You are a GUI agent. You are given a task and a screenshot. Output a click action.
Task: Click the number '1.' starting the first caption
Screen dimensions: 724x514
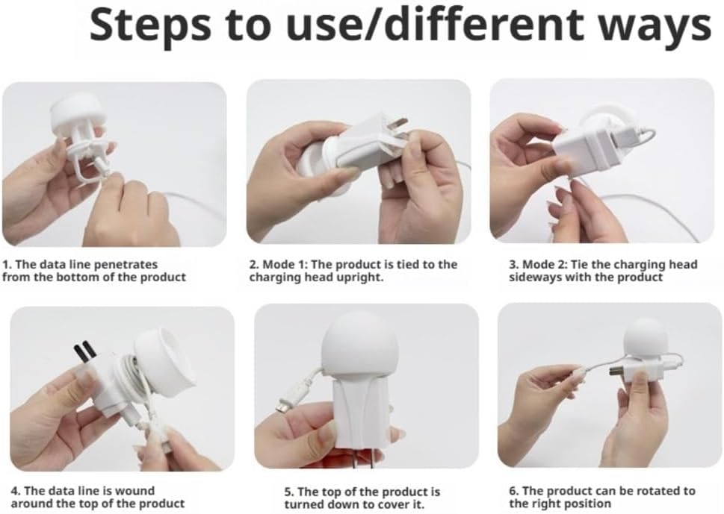(7, 265)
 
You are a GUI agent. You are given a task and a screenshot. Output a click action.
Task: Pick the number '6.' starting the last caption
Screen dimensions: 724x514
(514, 491)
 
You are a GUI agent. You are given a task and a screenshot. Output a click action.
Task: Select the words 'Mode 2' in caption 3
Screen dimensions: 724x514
(545, 265)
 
